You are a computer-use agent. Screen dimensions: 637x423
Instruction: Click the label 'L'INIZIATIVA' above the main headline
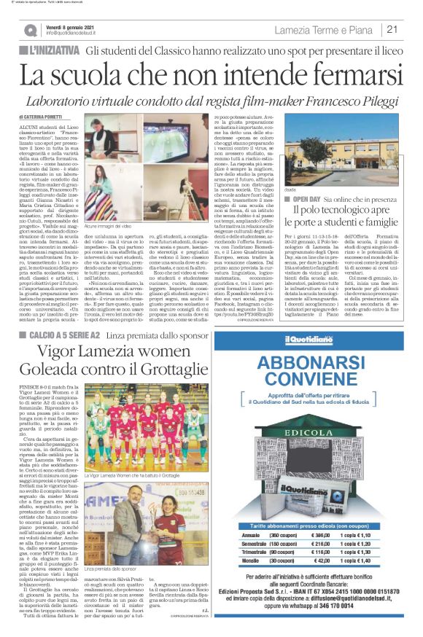[x=52, y=50]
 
